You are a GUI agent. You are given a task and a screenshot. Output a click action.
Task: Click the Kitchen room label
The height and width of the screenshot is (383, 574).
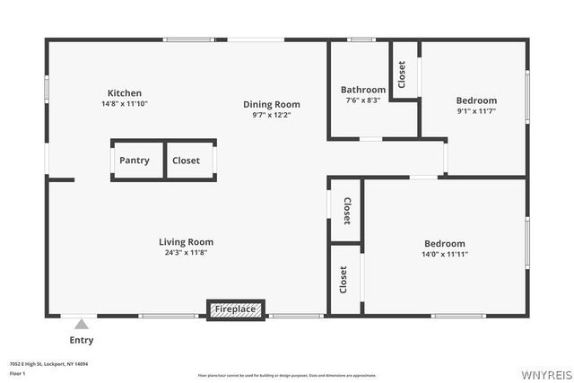[x=125, y=93]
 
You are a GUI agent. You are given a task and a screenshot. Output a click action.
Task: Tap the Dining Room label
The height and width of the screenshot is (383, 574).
[x=271, y=104]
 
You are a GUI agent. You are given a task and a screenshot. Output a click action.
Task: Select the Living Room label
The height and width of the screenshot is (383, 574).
[x=186, y=241]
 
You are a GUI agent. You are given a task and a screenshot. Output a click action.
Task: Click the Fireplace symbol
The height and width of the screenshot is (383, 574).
[x=235, y=309]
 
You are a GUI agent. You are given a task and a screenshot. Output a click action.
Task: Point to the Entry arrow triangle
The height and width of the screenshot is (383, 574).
[x=82, y=324]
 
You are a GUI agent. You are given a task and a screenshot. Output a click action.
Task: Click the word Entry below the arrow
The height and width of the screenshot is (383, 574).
[x=82, y=340]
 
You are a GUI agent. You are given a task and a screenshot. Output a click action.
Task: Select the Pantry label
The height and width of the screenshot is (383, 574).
[x=134, y=161]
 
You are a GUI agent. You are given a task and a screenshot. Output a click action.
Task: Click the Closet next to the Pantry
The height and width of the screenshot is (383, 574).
[x=187, y=161]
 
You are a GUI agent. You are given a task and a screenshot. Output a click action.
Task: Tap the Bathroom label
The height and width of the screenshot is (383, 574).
[x=363, y=90]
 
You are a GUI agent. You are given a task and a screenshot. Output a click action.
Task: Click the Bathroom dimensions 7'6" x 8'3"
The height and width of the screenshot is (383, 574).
[x=363, y=100]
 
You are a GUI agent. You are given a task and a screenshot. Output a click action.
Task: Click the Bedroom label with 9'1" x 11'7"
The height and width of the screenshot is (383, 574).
[x=476, y=100]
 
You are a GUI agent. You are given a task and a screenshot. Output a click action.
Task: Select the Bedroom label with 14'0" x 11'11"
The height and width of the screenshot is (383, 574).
[x=445, y=243]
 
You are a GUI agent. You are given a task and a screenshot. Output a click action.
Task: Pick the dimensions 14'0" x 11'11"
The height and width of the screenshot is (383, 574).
[x=445, y=254]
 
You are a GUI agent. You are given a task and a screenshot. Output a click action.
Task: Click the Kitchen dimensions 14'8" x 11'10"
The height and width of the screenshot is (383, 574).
[x=125, y=104]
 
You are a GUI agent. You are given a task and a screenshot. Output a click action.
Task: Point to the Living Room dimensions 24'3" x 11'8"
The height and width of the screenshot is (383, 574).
[x=186, y=252]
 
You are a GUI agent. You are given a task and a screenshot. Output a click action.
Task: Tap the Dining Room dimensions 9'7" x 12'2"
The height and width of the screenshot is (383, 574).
[x=271, y=115]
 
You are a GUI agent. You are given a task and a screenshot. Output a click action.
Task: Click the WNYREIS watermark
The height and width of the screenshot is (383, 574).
[x=545, y=373]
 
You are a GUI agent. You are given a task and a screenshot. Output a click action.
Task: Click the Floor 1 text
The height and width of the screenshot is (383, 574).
[x=18, y=372]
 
